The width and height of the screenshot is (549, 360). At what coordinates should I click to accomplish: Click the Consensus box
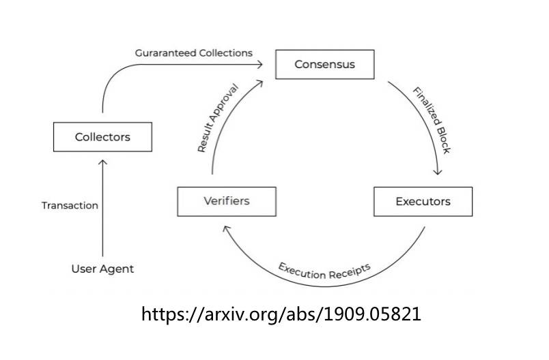click(x=324, y=65)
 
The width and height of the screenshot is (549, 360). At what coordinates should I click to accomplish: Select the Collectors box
click(x=102, y=137)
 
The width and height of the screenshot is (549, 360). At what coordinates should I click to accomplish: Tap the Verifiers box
click(x=227, y=201)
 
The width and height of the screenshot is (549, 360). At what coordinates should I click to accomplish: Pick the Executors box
click(x=423, y=201)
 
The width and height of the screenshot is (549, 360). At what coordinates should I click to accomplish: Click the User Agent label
click(x=102, y=269)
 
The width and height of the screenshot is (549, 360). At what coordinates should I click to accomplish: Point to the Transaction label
click(x=70, y=205)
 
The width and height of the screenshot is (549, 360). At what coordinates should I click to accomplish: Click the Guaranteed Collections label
click(x=193, y=52)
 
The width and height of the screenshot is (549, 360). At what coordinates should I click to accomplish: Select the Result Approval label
click(x=218, y=118)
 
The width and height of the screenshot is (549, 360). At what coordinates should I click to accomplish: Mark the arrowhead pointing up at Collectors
click(x=102, y=162)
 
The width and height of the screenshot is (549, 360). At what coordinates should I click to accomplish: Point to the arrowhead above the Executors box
click(x=438, y=172)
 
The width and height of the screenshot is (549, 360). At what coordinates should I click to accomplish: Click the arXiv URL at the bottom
click(x=281, y=314)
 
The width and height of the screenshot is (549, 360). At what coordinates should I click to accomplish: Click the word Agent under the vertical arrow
click(x=116, y=269)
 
